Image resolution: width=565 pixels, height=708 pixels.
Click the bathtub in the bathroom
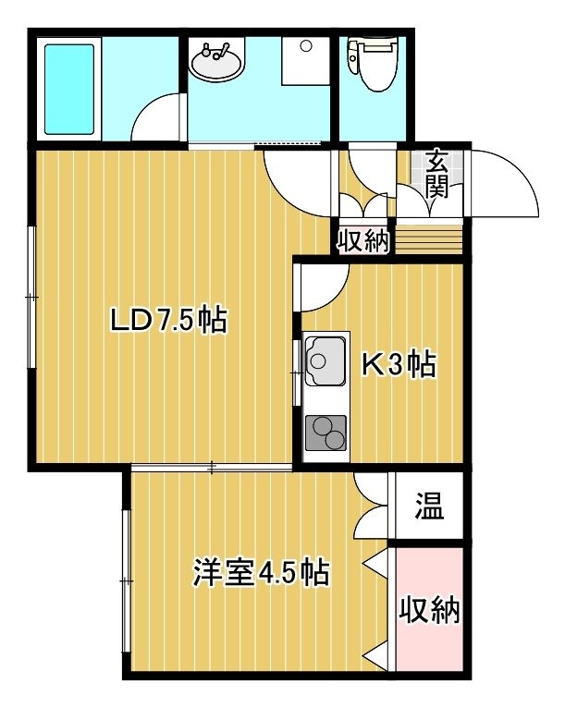69,90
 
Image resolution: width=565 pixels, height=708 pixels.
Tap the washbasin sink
215,60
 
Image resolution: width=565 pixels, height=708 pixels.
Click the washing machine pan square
305,60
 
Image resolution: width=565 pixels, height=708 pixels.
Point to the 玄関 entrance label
436,174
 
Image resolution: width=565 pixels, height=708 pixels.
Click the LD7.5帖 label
169,320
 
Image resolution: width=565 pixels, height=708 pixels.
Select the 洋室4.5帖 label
261,572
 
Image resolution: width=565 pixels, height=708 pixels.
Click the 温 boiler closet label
429,506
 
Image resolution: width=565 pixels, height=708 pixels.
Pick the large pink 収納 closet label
429,610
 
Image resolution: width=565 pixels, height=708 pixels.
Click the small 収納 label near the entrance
363,241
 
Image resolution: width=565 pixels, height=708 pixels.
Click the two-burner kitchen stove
326,433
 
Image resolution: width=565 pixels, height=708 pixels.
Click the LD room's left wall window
31,297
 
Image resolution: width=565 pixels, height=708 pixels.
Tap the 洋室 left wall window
127,581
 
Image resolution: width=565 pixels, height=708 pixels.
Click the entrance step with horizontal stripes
429,239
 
